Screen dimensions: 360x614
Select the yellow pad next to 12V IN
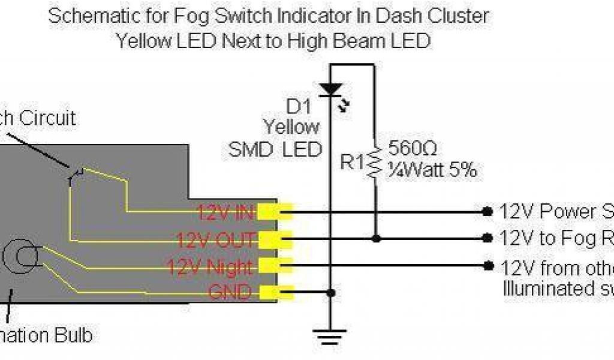[x=276, y=211]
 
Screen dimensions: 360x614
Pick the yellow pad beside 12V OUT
[x=276, y=239]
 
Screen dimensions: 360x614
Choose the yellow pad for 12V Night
[x=276, y=265]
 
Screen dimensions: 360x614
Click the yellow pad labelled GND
[x=276, y=293]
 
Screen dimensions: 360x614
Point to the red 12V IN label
[x=225, y=212]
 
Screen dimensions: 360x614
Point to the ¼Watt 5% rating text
[x=432, y=170]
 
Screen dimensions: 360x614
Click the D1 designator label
[x=299, y=108]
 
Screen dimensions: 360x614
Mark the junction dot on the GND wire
[x=330, y=293]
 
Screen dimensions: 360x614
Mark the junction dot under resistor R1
[x=376, y=239]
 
